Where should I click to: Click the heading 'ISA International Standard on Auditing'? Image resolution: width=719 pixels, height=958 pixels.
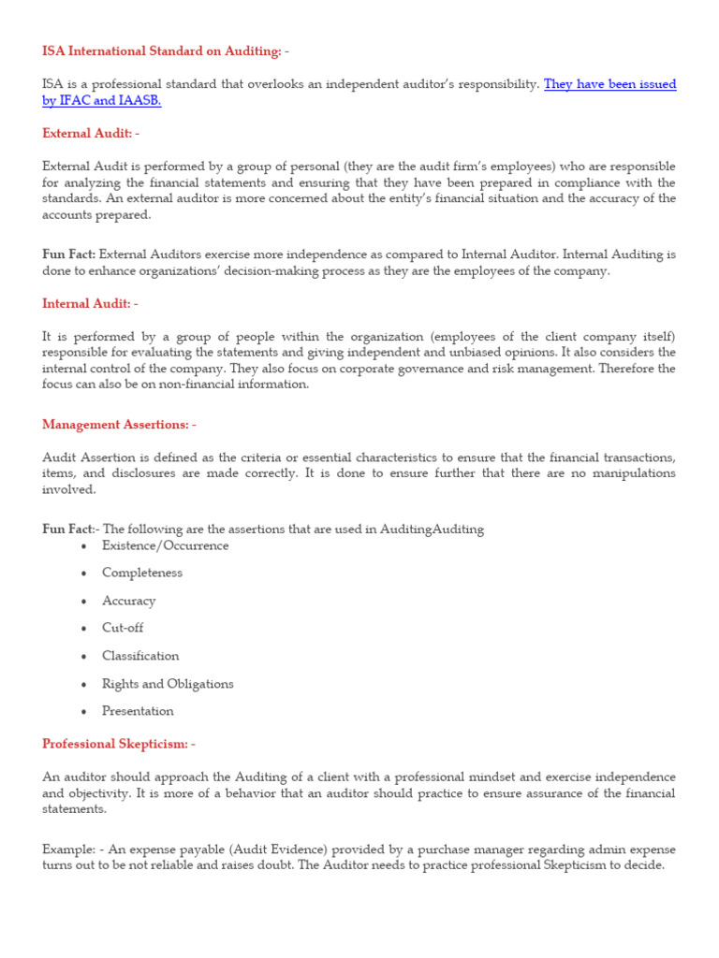(161, 50)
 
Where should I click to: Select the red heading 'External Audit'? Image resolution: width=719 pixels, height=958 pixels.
(87, 134)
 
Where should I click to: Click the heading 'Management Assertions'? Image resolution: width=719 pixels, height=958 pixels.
(115, 425)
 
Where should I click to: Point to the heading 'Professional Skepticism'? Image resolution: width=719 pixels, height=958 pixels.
(115, 744)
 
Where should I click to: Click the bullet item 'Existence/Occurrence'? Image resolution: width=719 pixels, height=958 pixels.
(165, 545)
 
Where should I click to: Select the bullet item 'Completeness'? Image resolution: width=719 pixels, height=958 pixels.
(142, 573)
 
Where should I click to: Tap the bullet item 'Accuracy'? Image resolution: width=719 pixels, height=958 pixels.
(128, 601)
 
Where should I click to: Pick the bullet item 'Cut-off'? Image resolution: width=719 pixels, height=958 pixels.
(123, 628)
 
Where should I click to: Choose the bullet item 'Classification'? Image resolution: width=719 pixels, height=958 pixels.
(140, 656)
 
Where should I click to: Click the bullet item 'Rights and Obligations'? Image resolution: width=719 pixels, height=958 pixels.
(168, 684)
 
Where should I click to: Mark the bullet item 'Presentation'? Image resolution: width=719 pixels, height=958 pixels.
(138, 711)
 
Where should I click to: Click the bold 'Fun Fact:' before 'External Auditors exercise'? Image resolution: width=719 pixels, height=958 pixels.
(69, 254)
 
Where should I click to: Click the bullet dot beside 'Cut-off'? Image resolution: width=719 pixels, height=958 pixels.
(85, 628)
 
